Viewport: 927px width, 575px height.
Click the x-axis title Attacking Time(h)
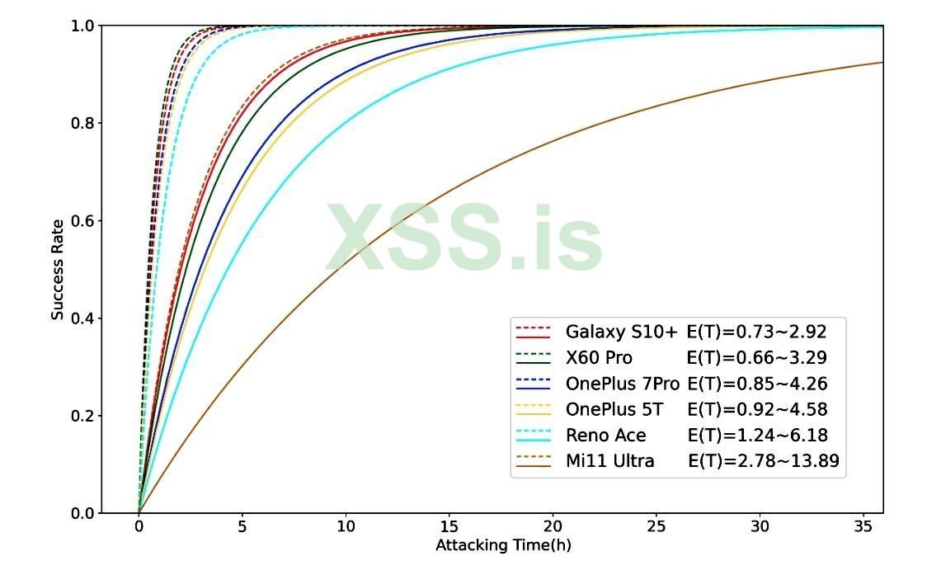pyautogui.click(x=502, y=545)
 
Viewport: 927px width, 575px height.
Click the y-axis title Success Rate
pyautogui.click(x=57, y=269)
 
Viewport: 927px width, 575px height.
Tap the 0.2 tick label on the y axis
pyautogui.click(x=84, y=416)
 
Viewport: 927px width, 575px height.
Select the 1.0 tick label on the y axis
pyautogui.click(x=84, y=26)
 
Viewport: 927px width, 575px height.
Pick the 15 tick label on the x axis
pyautogui.click(x=449, y=529)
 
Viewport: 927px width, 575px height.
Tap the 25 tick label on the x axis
pyautogui.click(x=656, y=529)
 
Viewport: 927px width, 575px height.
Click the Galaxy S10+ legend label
pyautogui.click(x=621, y=332)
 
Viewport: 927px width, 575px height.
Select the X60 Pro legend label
pyautogui.click(x=599, y=358)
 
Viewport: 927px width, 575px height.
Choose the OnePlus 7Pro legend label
pyautogui.click(x=622, y=384)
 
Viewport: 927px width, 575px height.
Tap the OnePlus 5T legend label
pyautogui.click(x=614, y=410)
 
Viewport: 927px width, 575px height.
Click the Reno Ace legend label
pyautogui.click(x=605, y=436)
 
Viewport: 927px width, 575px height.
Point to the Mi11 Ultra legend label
pyautogui.click(x=609, y=461)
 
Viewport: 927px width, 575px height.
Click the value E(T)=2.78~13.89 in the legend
pyautogui.click(x=763, y=461)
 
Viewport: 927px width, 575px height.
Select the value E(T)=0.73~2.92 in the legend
pyautogui.click(x=756, y=332)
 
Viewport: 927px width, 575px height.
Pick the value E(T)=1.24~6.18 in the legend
pyautogui.click(x=756, y=436)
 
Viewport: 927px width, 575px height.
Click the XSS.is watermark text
pyautogui.click(x=463, y=238)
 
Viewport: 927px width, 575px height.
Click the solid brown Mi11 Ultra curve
pyautogui.click(x=495, y=194)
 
